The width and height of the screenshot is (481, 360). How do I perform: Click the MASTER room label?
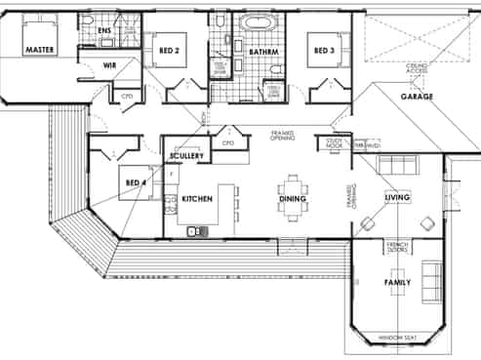39,48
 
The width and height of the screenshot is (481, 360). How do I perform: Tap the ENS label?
105,30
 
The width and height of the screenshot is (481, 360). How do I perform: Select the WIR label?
111,65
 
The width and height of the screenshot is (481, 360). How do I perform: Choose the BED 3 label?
321,49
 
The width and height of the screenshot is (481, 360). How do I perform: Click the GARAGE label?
418,98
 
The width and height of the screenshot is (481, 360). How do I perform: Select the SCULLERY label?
185,156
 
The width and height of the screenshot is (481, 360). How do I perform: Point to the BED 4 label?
135,181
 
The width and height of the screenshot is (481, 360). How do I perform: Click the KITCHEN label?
196,199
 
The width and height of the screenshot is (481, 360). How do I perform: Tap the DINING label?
292,199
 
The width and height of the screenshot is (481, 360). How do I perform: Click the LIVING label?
397,198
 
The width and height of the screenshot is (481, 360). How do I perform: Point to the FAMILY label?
397,284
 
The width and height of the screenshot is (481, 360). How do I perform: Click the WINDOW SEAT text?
397,339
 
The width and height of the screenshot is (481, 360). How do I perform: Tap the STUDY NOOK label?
335,143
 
